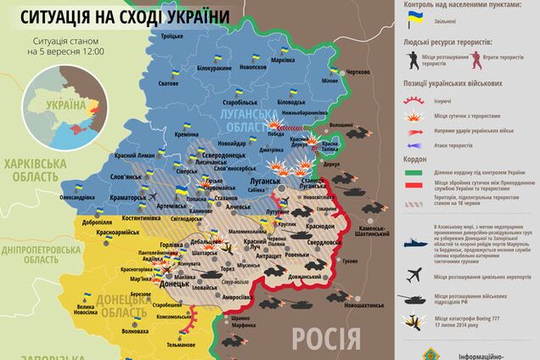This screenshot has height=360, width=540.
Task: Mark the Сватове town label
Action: (168, 83)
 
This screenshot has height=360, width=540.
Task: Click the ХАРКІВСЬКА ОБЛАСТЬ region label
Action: (35, 171)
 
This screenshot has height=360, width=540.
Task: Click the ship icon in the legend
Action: (413, 240)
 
